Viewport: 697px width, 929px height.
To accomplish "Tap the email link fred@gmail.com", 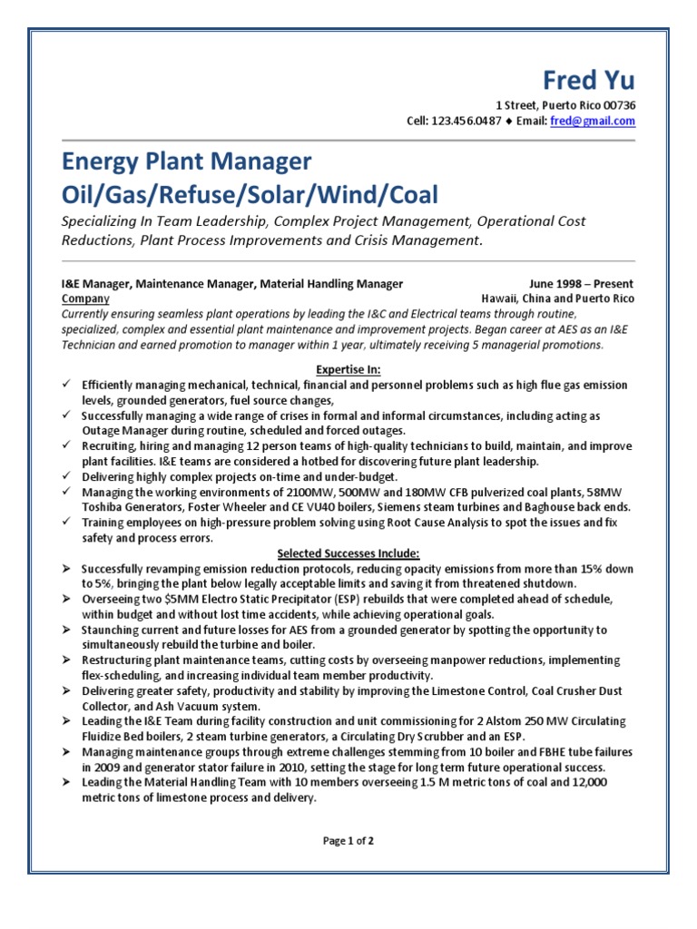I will [593, 122].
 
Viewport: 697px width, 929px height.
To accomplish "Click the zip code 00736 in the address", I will [618, 105].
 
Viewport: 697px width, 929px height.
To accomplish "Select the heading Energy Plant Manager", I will [186, 162].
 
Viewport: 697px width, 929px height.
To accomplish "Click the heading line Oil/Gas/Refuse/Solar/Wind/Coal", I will [249, 194].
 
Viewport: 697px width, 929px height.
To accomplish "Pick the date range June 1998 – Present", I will [581, 284].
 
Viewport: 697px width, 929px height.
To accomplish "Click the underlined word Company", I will [85, 298].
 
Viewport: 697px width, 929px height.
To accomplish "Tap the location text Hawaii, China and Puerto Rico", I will [557, 298].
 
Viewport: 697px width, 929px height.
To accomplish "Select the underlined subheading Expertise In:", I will [348, 370].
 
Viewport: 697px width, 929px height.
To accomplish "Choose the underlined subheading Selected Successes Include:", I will [348, 553].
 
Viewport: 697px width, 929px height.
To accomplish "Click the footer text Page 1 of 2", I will [348, 841].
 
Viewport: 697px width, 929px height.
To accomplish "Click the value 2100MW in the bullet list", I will [280, 492].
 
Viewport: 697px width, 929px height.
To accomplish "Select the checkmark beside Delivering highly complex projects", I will [66, 476].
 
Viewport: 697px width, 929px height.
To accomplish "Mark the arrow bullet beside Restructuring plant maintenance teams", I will [66, 660].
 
